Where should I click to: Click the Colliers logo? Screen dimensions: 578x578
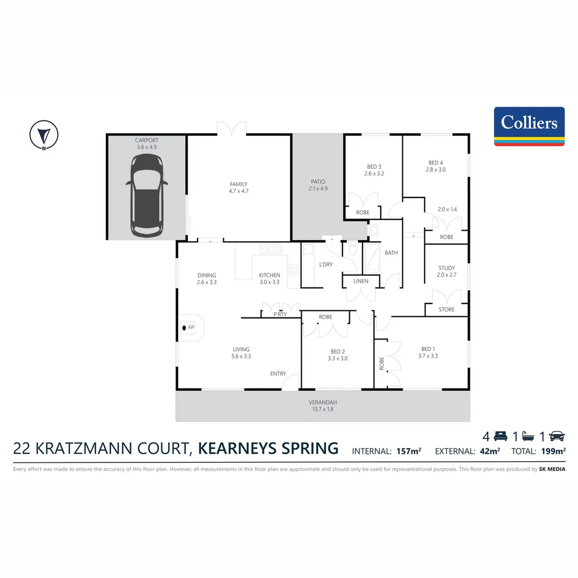529,126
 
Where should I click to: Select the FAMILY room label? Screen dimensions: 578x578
239,184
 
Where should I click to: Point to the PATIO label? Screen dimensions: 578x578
317,181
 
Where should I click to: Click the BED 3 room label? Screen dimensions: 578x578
374,166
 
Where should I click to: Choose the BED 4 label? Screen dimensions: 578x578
436,163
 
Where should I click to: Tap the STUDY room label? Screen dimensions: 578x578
446,268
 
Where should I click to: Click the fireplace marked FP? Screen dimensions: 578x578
188,328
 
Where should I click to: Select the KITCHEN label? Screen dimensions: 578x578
270,275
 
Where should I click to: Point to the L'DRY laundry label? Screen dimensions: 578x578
325,264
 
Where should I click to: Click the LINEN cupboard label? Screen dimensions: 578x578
361,282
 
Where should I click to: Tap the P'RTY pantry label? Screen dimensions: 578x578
280,315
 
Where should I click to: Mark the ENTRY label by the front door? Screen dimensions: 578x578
278,374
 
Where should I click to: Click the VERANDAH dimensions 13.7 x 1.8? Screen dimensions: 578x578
323,409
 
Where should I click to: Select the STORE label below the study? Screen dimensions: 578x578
446,309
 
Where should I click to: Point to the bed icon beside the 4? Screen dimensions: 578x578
500,436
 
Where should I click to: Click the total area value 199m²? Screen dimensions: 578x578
553,451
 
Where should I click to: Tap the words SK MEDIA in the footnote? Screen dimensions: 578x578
552,469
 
